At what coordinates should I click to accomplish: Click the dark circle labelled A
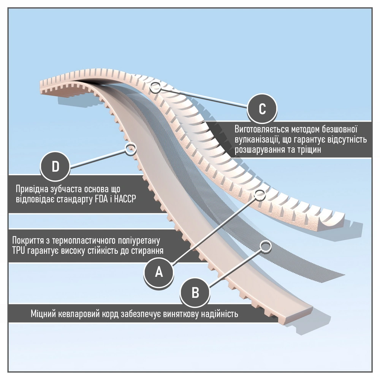(x=159, y=271)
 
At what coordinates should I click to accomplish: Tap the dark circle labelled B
(x=195, y=293)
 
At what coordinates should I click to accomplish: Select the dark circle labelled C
(x=262, y=108)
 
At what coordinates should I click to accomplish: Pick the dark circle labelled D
(x=55, y=167)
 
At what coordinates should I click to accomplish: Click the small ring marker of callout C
(x=154, y=87)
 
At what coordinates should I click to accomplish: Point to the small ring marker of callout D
(x=131, y=147)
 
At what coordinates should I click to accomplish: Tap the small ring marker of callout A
(x=260, y=194)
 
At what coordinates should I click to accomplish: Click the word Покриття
(x=28, y=241)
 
